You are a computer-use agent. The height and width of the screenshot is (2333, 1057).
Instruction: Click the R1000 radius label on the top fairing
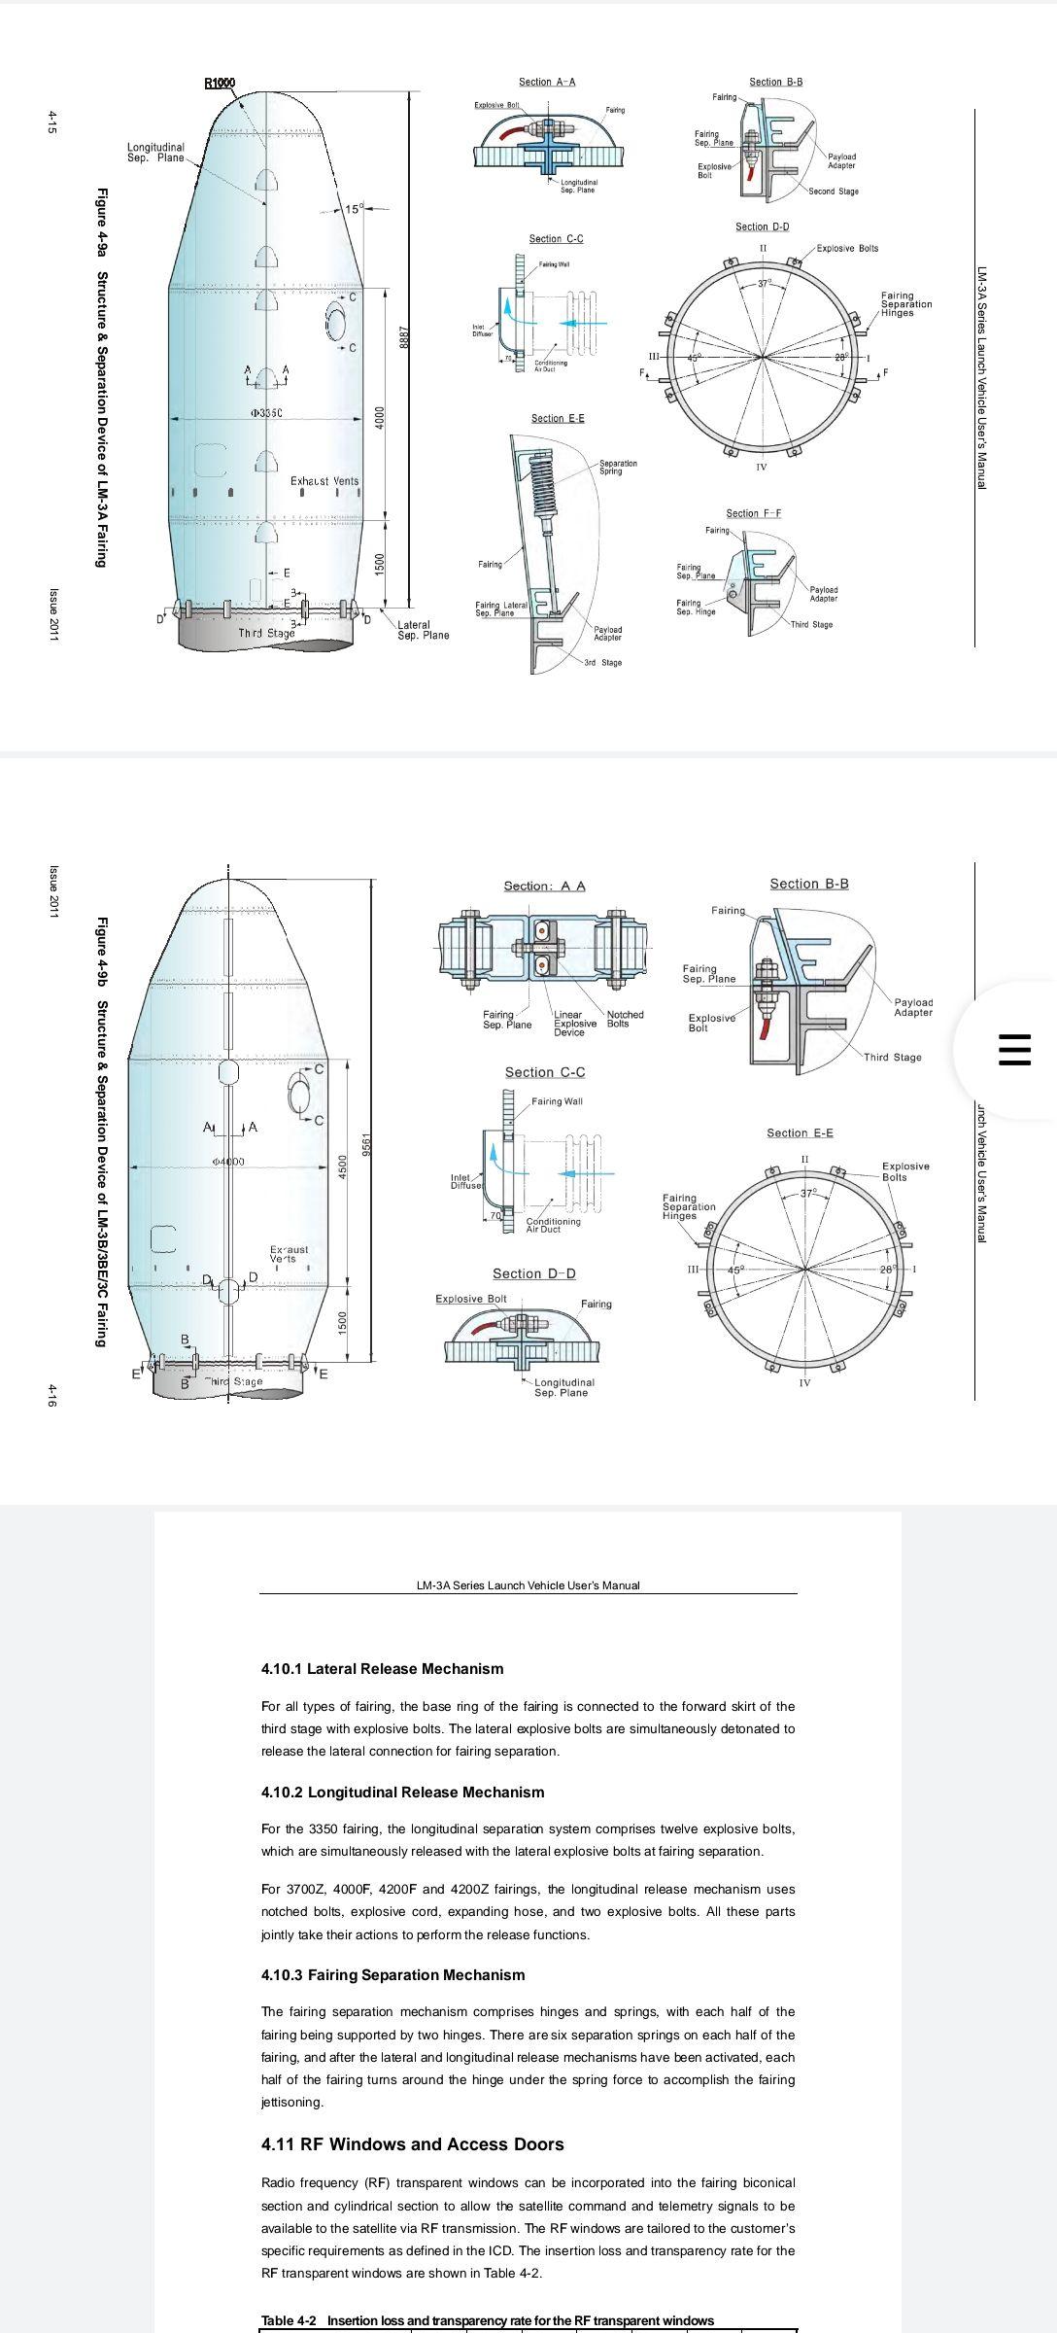(220, 83)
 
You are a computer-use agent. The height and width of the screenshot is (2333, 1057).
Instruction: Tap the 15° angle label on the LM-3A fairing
(354, 208)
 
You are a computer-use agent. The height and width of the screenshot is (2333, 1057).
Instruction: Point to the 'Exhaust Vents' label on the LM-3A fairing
(324, 481)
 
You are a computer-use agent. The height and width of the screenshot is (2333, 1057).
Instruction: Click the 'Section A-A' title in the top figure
(546, 82)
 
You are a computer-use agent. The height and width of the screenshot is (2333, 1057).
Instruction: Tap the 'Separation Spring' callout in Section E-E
(618, 467)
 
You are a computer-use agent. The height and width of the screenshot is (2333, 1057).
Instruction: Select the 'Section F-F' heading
(753, 513)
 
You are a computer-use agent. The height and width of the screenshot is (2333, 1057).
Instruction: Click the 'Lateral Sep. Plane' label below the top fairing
(423, 630)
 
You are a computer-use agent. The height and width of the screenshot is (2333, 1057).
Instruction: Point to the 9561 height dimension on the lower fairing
(367, 1144)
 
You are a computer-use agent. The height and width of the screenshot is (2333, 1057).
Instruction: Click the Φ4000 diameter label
(227, 1162)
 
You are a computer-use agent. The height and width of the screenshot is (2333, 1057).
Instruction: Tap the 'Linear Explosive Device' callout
(574, 1024)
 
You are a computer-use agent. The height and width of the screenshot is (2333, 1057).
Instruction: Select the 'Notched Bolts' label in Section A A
(625, 1019)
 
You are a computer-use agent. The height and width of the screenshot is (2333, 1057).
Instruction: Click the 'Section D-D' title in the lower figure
(533, 1273)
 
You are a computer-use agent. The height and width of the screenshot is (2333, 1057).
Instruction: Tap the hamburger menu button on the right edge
(1014, 1050)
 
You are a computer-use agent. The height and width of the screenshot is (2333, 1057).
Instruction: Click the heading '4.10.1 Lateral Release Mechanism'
(382, 1669)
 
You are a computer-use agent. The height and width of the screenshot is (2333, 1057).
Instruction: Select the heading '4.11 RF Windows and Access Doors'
(412, 2144)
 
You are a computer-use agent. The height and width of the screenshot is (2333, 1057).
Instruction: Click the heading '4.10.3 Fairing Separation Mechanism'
(392, 1974)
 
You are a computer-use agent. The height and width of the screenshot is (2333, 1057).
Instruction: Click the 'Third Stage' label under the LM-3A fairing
(266, 633)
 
